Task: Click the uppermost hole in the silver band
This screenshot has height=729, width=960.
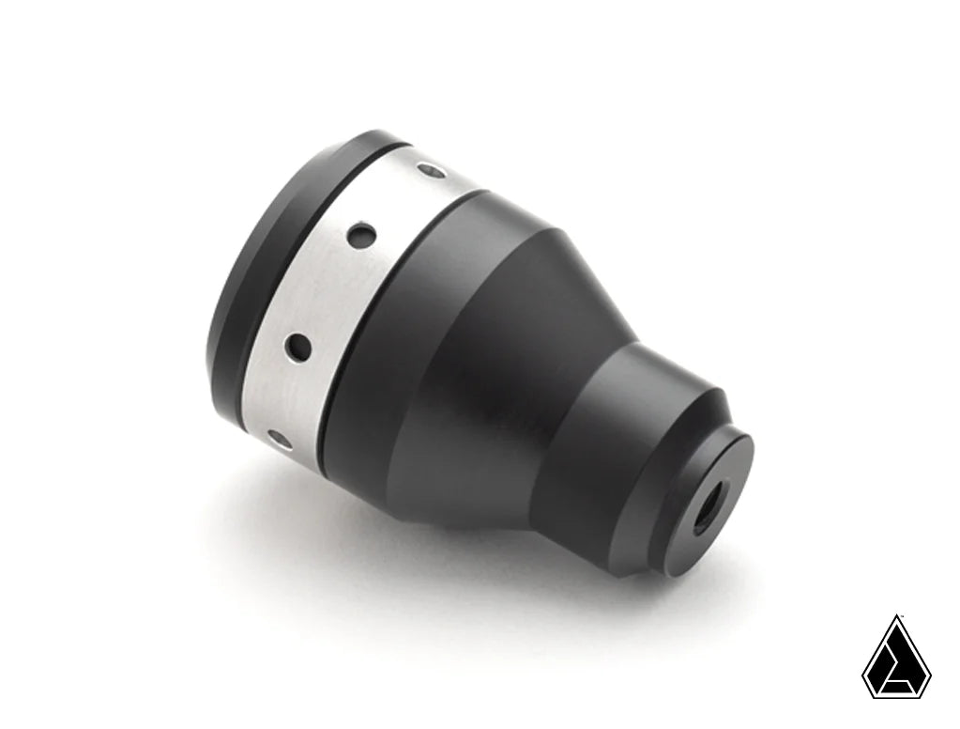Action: pyautogui.click(x=432, y=171)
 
